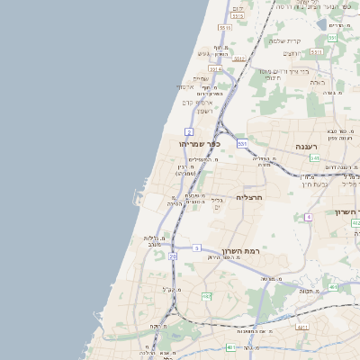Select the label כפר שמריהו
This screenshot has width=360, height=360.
[x=199, y=144]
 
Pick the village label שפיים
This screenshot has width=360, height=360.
[x=201, y=79]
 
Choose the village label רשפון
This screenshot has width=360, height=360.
[x=204, y=111]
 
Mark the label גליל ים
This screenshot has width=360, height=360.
[x=216, y=203]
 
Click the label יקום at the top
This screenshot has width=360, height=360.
[x=237, y=8]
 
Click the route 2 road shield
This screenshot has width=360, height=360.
[x=189, y=131]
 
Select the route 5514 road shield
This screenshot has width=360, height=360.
[x=215, y=67]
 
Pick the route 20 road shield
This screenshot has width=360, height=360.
[x=172, y=256]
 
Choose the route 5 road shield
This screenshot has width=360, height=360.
[x=196, y=247]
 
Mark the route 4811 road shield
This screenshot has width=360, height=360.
[x=302, y=328]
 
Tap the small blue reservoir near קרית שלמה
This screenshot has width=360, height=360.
[x=321, y=24]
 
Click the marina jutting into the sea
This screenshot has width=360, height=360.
[x=138, y=196]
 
